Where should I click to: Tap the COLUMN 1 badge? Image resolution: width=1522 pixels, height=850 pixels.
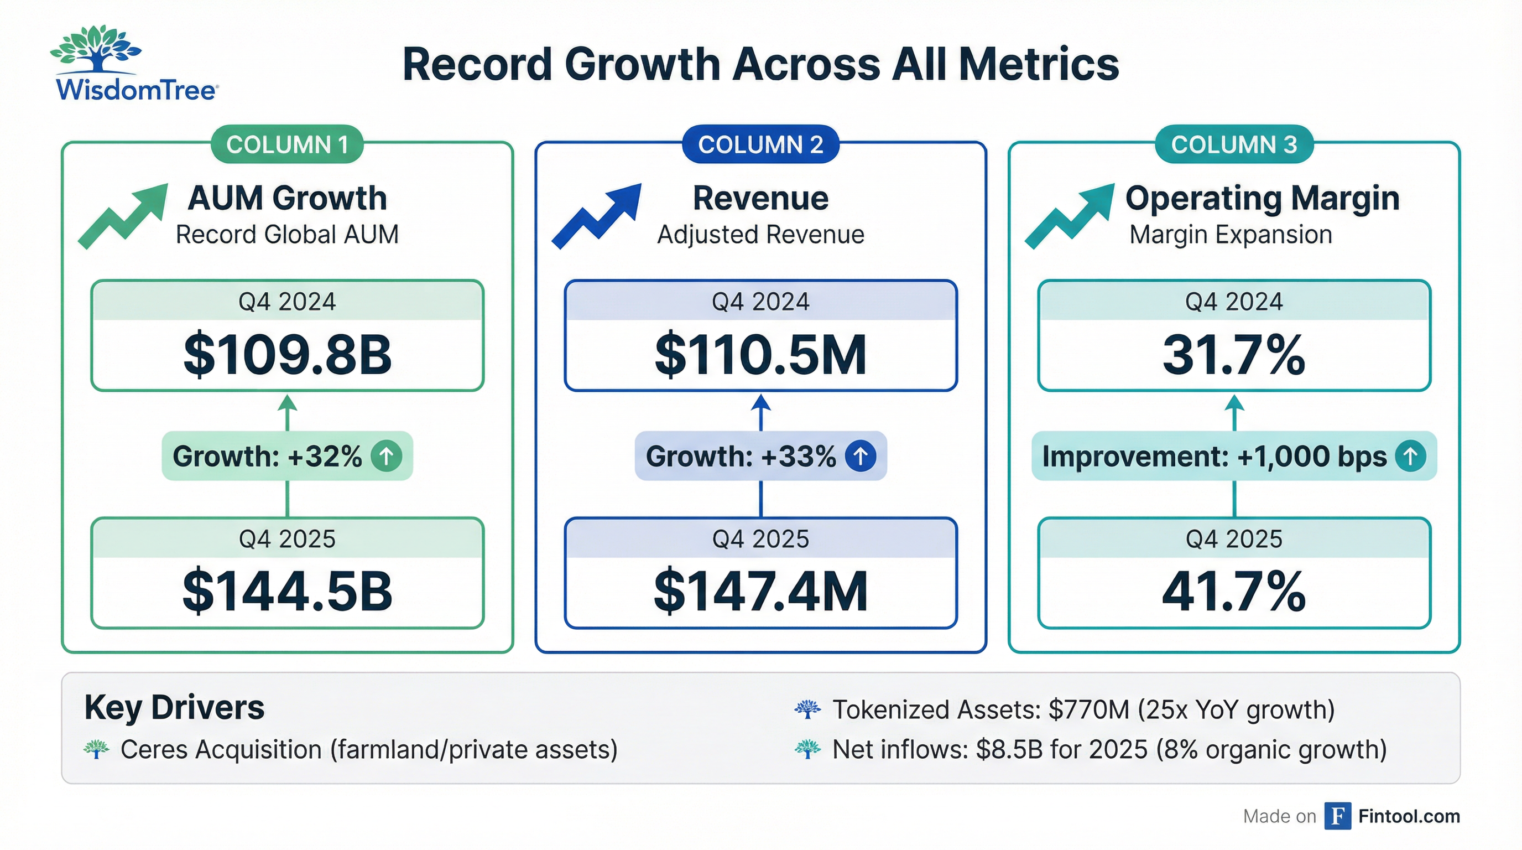click(287, 144)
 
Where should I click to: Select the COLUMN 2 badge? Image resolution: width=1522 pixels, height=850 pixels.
click(760, 144)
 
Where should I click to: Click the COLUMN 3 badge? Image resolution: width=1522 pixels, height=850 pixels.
click(1234, 144)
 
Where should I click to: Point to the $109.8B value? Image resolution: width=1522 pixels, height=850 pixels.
click(287, 355)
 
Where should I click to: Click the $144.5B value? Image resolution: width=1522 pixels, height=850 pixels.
click(287, 591)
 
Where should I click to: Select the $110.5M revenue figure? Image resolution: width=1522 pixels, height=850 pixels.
click(760, 355)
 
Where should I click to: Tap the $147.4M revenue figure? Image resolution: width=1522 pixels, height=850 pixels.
click(760, 591)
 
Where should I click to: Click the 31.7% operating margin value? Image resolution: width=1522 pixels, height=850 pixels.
click(1234, 355)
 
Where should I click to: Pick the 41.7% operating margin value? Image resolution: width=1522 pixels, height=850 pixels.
click(1234, 591)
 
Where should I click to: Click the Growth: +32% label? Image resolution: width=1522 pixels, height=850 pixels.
click(267, 457)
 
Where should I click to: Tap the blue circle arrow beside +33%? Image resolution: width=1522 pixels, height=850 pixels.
click(860, 457)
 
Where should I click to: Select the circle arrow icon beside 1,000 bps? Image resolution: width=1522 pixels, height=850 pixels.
click(1410, 457)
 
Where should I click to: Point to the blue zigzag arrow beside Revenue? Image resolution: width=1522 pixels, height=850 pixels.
click(597, 216)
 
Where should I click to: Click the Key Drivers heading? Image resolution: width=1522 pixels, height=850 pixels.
click(174, 708)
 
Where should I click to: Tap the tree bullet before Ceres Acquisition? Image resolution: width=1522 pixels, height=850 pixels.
click(96, 749)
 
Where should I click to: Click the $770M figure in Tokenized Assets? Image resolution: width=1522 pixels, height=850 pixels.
click(1089, 710)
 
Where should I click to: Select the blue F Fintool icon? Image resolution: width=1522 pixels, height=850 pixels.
click(1337, 816)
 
